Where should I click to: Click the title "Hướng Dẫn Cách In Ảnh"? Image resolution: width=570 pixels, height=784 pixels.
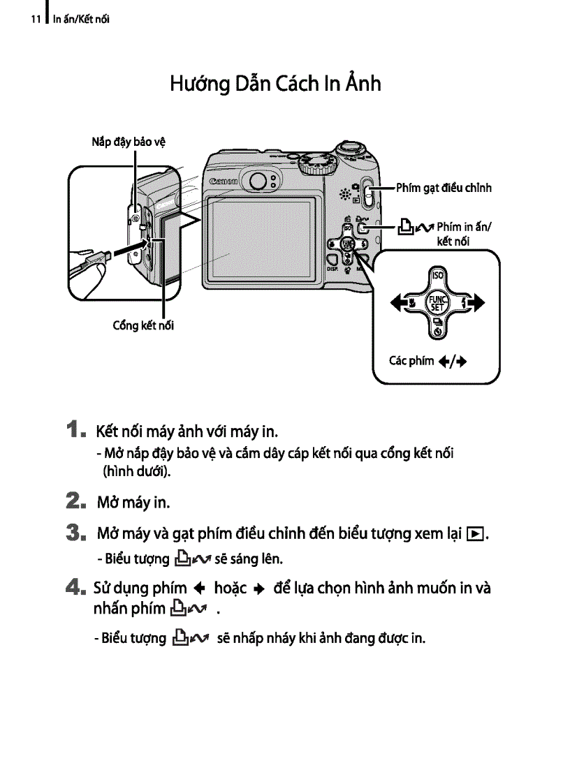point(275,84)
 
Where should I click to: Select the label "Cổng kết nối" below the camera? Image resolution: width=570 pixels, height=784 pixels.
point(143,325)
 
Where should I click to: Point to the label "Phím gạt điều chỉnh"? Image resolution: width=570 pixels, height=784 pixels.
point(444,188)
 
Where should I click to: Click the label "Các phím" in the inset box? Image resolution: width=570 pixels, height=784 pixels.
point(411,361)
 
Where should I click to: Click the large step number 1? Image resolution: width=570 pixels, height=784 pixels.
point(78,428)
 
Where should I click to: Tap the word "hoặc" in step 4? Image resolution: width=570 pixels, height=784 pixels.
point(235,588)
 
